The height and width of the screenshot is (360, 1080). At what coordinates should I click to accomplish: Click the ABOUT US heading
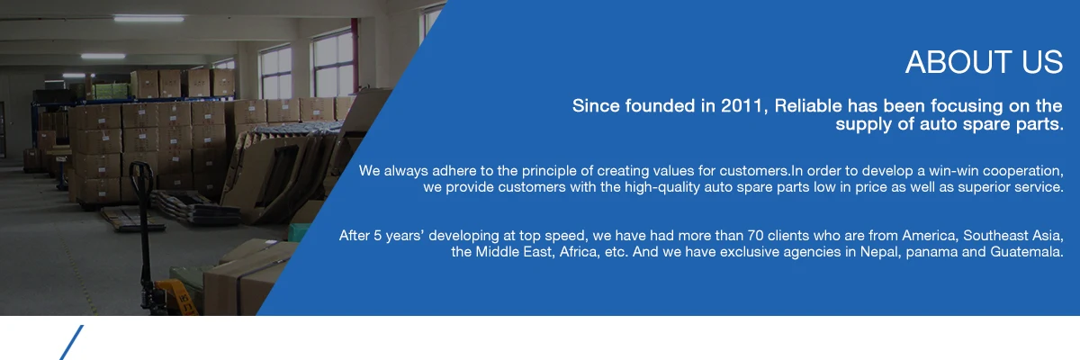coord(984,62)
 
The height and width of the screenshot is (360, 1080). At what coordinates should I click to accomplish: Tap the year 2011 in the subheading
coord(742,105)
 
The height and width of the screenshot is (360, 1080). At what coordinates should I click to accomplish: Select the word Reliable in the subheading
coord(808,105)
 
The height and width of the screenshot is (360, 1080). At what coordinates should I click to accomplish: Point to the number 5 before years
coord(377,236)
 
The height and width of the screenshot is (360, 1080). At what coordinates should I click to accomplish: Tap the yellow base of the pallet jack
coord(178,294)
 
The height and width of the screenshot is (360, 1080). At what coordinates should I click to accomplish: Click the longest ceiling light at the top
coord(148,19)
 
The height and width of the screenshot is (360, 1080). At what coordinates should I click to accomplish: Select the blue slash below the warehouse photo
coord(71,343)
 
